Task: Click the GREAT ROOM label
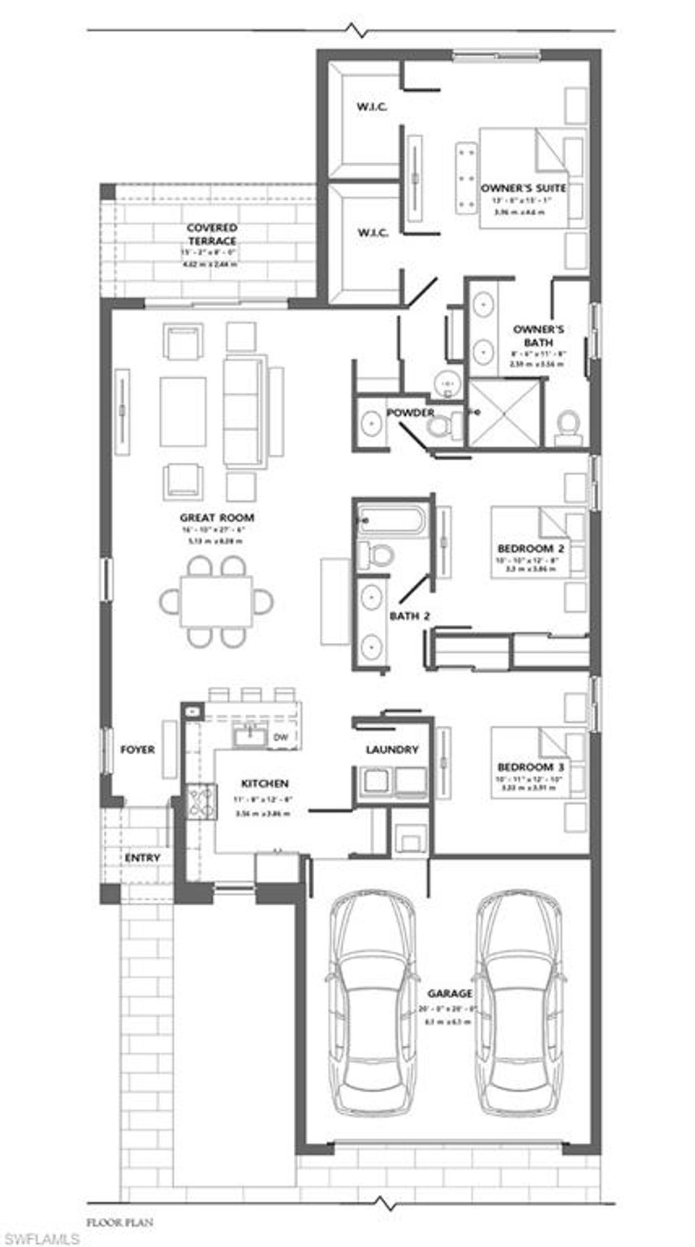point(217,518)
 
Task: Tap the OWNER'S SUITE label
point(523,188)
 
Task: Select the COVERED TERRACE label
point(212,234)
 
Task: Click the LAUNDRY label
point(392,749)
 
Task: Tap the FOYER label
point(138,749)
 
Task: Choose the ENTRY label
point(143,858)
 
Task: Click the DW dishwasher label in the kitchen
point(280,737)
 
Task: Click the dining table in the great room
point(217,601)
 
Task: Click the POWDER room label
point(411,413)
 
